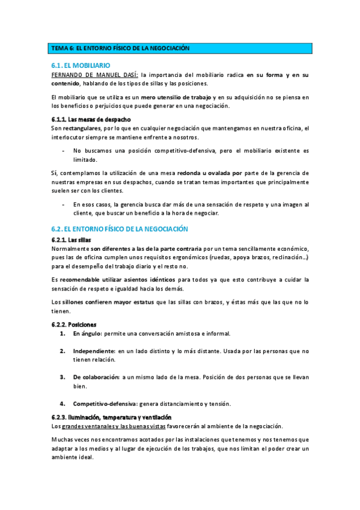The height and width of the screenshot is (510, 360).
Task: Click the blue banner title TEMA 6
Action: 120,48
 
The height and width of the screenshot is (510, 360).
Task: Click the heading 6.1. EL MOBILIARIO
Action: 82,65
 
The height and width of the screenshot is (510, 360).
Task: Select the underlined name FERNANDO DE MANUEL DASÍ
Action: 94,75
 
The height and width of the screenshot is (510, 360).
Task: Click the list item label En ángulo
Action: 87,333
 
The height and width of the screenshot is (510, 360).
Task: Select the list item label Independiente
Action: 93,350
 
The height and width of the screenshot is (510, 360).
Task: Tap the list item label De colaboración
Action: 96,376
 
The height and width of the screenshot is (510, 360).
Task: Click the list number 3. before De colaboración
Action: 63,376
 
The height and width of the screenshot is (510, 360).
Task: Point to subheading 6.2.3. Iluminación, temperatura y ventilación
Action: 111,417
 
